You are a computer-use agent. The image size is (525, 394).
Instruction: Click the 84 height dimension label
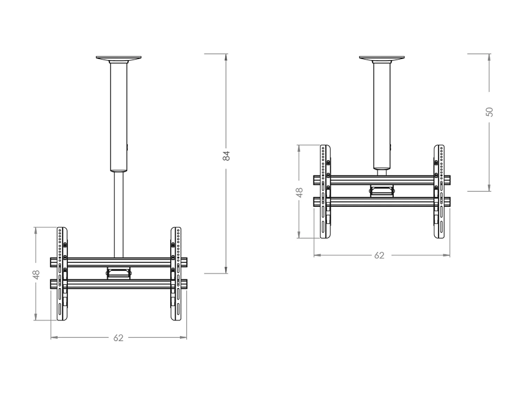point(226,155)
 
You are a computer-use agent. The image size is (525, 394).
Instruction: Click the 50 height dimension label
point(490,112)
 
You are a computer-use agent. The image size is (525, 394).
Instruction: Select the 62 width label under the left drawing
point(118,338)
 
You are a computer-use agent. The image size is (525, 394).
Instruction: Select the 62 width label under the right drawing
point(379,255)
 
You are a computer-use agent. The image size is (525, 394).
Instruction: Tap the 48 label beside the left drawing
point(36,275)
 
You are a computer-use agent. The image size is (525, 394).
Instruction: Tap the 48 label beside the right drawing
point(299,192)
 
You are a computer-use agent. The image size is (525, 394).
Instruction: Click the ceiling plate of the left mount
point(119,58)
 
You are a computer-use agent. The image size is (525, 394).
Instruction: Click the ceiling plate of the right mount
point(382,58)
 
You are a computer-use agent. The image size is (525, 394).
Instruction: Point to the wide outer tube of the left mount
point(119,116)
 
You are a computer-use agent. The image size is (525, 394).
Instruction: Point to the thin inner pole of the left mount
point(119,214)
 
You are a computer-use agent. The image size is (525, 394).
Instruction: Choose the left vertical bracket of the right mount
point(325,191)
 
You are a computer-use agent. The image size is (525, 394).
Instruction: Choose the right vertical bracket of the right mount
point(439,191)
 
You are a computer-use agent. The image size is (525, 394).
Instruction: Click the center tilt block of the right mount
point(382,191)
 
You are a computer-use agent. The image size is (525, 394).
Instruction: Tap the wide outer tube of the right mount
point(382,116)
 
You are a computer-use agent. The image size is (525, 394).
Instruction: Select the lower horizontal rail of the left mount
point(119,284)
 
